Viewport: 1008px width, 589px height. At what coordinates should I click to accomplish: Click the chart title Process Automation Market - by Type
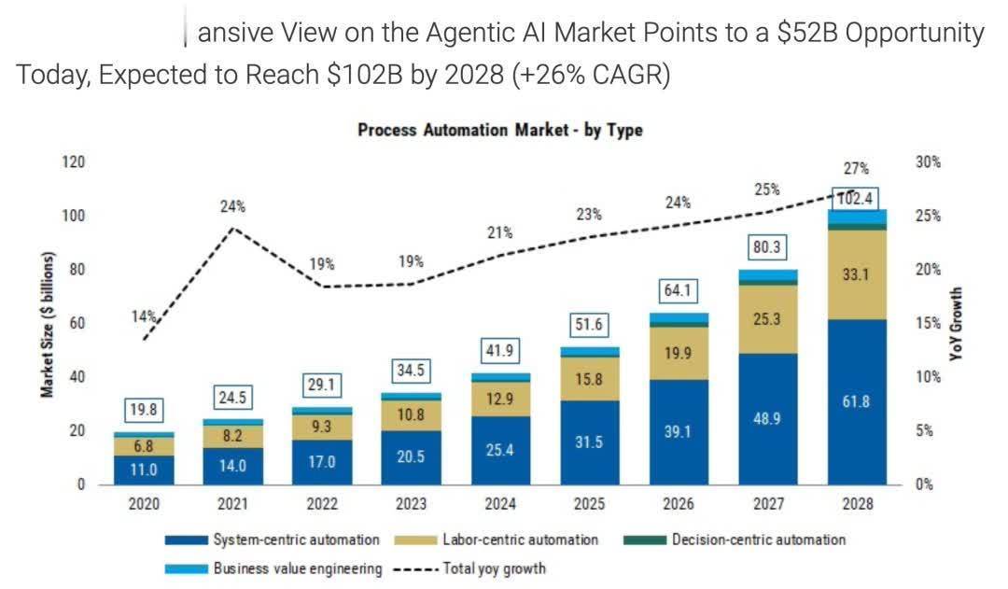coord(499,131)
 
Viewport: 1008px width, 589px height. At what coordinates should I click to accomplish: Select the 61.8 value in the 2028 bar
coord(857,401)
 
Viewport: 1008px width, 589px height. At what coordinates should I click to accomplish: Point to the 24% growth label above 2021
coord(233,206)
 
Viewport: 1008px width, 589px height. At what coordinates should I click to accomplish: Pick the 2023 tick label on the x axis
coord(412,504)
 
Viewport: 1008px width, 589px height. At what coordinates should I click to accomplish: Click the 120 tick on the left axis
coord(73,162)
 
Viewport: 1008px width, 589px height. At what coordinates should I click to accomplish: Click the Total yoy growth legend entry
coord(495,568)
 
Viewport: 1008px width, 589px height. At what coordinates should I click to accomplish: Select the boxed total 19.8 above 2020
coord(145,411)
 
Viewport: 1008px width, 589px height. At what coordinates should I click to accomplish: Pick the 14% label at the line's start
coord(142,317)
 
